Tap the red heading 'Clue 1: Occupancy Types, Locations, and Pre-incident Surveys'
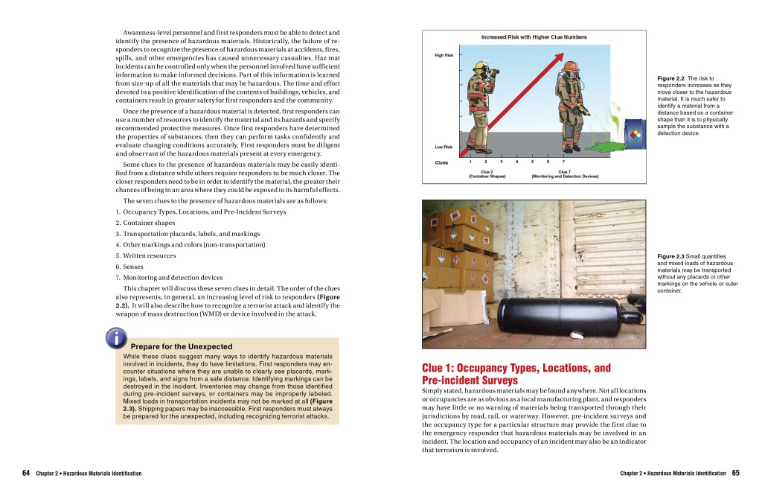click(516, 374)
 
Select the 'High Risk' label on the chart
click(444, 55)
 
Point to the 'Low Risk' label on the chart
click(444, 147)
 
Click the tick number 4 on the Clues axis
click(516, 162)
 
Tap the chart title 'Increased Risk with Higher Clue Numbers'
click(534, 37)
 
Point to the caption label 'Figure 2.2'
click(671, 78)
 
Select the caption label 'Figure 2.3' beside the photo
click(671, 257)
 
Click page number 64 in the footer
click(26, 473)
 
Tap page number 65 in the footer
click(735, 473)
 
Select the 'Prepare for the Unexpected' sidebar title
click(182, 347)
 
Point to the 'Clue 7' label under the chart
click(565, 171)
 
